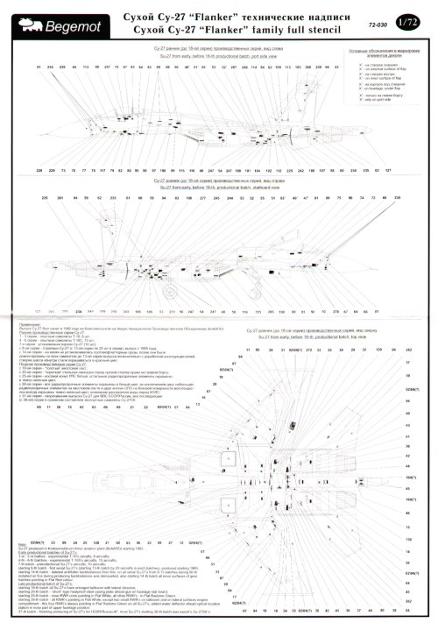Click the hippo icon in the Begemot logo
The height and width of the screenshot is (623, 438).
(x=19, y=13)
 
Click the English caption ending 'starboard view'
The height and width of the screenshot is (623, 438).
(x=214, y=187)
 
